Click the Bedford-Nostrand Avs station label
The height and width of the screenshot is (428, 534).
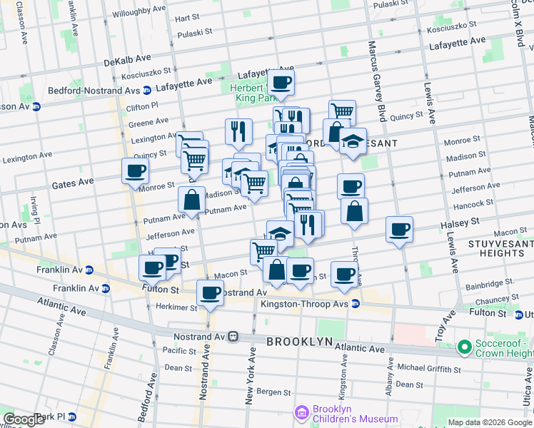93,91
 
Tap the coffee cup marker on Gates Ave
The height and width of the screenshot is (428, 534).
135,171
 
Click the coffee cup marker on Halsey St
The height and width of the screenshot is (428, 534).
400,229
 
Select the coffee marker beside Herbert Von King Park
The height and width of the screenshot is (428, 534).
281,83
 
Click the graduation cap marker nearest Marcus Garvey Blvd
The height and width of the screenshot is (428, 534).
353,141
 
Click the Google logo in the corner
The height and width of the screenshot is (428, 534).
24,419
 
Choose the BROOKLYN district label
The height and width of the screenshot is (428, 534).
299,342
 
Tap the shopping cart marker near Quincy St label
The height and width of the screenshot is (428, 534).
343,111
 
